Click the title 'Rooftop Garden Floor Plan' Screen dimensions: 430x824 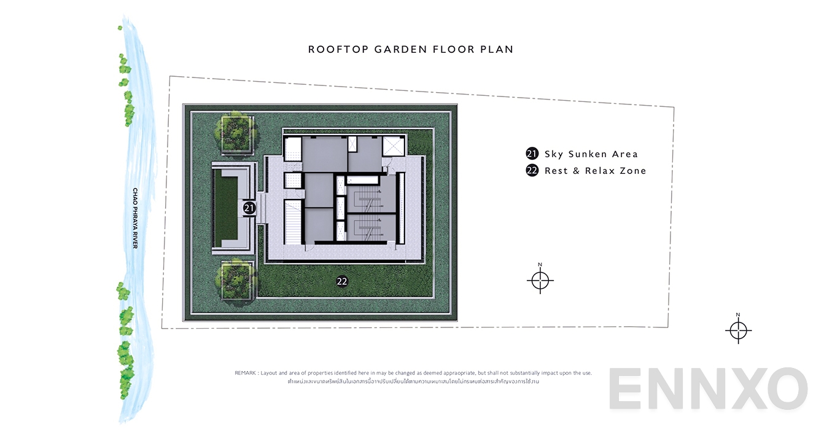click(411, 49)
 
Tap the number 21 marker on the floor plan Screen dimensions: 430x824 click(249, 208)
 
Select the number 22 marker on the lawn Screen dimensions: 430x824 click(343, 281)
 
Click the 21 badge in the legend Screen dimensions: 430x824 click(532, 154)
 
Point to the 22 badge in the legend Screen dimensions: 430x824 click(532, 171)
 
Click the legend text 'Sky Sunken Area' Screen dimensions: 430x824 click(591, 154)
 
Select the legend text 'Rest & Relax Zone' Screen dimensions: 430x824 click(595, 171)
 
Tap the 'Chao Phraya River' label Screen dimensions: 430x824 click(135, 218)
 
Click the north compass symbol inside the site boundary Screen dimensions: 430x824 click(540, 280)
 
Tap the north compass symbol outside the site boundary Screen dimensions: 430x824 click(739, 330)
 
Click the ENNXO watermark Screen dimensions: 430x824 click(708, 389)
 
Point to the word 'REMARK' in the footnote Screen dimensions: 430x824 click(246, 373)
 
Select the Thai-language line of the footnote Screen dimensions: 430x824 click(413, 381)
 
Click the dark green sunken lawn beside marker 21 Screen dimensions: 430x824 click(225, 209)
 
